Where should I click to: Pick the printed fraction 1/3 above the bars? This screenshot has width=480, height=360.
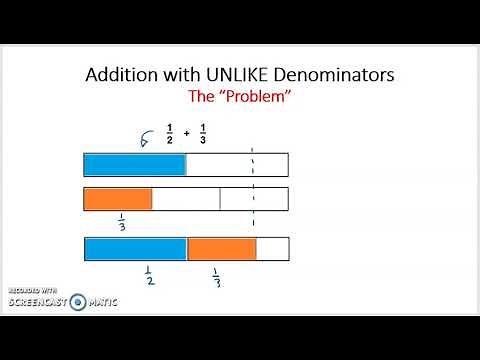(x=203, y=133)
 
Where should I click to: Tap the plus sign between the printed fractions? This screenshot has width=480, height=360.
(x=186, y=133)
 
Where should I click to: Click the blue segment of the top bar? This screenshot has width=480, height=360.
(x=135, y=165)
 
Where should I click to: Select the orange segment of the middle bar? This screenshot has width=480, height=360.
(x=118, y=199)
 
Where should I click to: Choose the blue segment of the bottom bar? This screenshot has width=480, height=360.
(x=135, y=249)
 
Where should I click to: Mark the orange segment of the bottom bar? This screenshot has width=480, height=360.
(x=221, y=249)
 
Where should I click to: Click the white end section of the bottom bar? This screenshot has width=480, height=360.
(x=272, y=249)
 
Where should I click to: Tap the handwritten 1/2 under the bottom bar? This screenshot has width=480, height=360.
(x=147, y=275)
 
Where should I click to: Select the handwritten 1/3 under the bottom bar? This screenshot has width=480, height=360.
(x=215, y=276)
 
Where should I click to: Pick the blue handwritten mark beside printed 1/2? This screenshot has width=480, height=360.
(x=145, y=141)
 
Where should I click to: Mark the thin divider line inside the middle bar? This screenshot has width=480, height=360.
(x=220, y=199)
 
